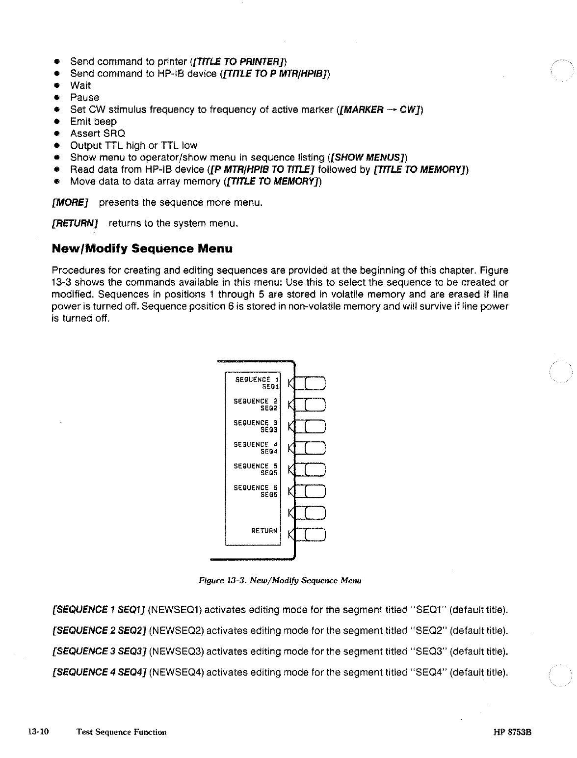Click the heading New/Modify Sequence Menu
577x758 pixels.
coord(142,248)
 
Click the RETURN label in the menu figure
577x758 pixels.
coord(264,531)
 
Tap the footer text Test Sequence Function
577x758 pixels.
coord(122,732)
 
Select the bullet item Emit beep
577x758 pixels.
coord(93,121)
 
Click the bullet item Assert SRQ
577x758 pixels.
coord(98,134)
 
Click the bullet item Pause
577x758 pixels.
coord(84,97)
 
